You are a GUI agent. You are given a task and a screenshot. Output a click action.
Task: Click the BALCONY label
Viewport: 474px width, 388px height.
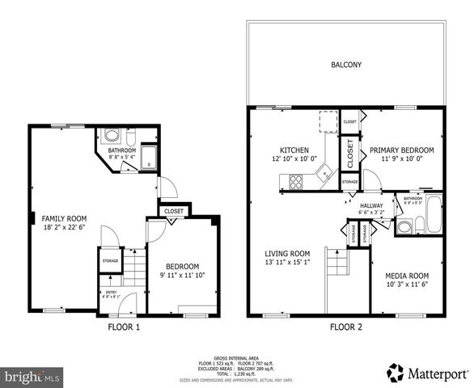tap(345, 65)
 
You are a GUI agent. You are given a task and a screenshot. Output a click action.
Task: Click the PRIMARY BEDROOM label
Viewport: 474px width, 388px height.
tap(402, 150)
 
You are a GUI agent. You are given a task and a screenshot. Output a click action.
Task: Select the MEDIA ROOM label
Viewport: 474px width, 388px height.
tap(408, 274)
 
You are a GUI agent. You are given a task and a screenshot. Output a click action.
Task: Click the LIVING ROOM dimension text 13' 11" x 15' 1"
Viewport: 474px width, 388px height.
tap(288, 262)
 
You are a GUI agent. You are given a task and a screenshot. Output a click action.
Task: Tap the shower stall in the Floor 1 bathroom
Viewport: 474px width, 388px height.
tap(150, 156)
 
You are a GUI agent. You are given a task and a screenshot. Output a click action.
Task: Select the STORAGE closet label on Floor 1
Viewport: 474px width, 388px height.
tap(109, 260)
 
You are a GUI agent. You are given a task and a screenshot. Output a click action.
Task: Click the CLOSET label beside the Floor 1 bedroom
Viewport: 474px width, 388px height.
tap(174, 212)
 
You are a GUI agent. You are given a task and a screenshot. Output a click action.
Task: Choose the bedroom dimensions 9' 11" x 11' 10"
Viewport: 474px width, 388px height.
tap(182, 275)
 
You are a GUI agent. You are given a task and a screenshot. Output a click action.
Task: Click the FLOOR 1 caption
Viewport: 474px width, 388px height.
tap(124, 327)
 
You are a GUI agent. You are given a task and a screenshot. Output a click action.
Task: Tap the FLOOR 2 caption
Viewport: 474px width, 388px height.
tap(346, 327)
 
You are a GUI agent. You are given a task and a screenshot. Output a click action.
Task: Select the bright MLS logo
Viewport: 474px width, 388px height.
tap(32, 376)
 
